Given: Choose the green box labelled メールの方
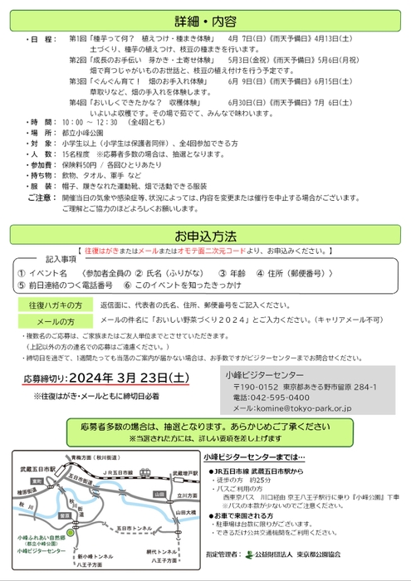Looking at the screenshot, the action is tap(56, 320).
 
